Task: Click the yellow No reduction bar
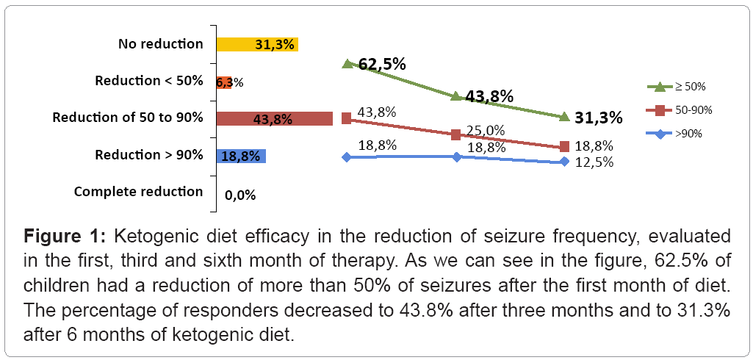click(x=257, y=44)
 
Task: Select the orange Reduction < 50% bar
click(x=224, y=82)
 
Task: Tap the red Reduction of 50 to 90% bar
click(x=275, y=118)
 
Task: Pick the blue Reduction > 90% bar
click(x=241, y=156)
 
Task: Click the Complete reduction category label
click(x=138, y=192)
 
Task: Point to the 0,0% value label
click(x=241, y=195)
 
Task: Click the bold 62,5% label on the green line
click(x=382, y=65)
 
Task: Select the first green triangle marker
click(x=347, y=64)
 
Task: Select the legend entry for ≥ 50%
click(x=680, y=87)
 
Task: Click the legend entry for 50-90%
click(x=680, y=110)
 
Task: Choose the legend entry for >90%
click(x=680, y=134)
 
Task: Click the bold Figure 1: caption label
click(x=68, y=238)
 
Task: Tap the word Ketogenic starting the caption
click(x=159, y=238)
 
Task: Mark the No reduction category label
click(x=160, y=44)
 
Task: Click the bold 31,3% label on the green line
click(x=599, y=118)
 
